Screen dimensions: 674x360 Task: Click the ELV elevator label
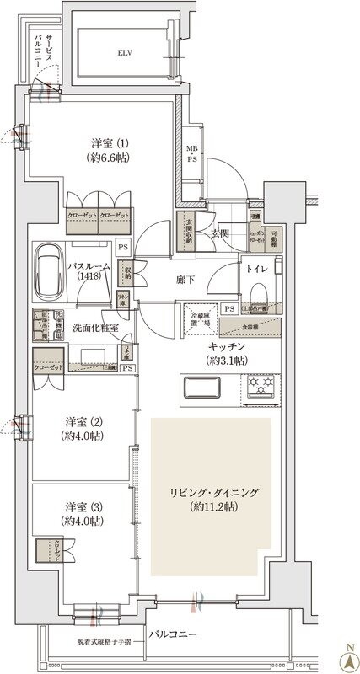(126, 51)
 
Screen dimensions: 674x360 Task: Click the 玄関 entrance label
(221, 233)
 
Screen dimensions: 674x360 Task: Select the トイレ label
(255, 270)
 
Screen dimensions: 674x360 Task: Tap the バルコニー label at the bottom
(174, 633)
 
